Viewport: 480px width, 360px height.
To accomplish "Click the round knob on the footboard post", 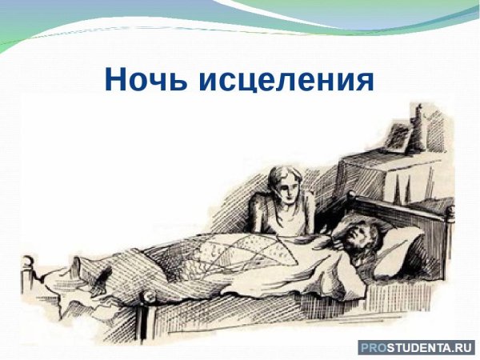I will coord(30,262).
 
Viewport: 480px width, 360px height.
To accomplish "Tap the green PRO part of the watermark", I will coord(373,347).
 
